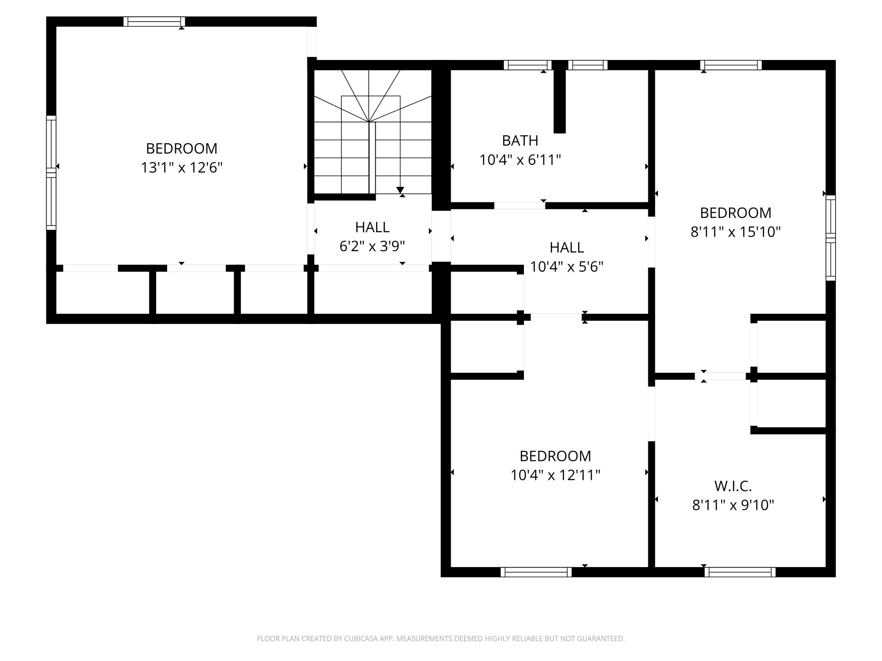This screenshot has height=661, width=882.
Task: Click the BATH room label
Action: point(520,141)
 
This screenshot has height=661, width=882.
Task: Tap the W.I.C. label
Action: point(733,486)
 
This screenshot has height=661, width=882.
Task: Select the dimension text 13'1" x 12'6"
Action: point(182,168)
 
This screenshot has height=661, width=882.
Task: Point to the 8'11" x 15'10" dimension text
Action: point(736,232)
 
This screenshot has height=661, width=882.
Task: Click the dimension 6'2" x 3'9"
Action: point(372,246)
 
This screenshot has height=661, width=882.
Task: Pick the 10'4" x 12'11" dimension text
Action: point(556,475)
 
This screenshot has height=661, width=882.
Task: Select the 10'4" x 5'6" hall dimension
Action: point(567,267)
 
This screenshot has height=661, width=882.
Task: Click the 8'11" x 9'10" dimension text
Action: point(733,505)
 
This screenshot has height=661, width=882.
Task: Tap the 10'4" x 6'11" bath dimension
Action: point(520,160)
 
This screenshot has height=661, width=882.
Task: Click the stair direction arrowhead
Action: point(400,190)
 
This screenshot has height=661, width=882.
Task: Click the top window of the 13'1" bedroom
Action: point(154,22)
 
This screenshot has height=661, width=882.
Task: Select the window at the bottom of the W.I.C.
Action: point(740,572)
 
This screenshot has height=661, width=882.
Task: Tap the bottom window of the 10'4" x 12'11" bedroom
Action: point(536,572)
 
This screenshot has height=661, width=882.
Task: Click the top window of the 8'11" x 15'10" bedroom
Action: point(731,65)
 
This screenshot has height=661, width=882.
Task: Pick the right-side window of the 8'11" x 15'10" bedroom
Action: point(831,238)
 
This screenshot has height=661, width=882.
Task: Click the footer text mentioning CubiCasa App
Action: point(441,639)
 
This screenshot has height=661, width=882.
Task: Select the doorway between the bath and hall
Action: point(519,205)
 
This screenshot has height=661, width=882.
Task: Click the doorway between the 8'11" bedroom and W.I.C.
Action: point(721,376)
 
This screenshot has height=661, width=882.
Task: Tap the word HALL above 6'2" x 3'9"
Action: point(372,227)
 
